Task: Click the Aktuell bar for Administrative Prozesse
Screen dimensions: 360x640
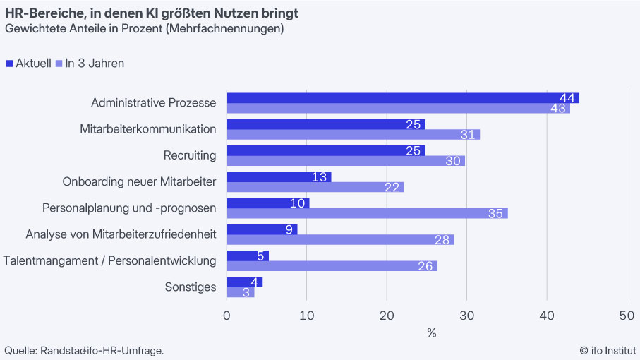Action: (x=402, y=97)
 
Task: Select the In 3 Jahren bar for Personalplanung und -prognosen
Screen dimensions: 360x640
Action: (x=367, y=213)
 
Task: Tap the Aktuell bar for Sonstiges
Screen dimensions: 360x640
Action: (x=244, y=282)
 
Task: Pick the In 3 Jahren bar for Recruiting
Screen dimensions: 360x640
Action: (x=346, y=160)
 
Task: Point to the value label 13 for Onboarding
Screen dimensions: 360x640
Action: (x=320, y=176)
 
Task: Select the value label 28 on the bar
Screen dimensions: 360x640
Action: (x=442, y=240)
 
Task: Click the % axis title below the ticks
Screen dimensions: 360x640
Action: (x=431, y=332)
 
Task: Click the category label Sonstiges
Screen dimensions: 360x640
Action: (x=191, y=287)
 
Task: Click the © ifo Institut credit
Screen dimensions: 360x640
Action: (x=608, y=350)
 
